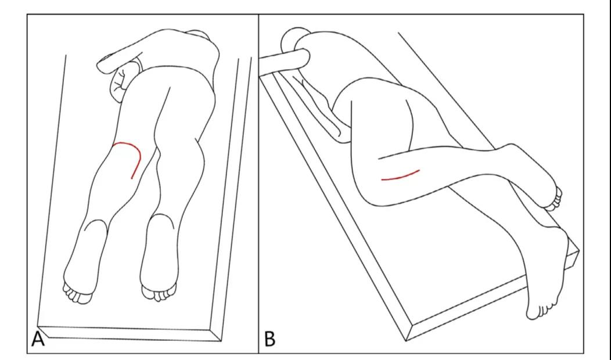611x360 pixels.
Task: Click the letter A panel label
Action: tap(38, 339)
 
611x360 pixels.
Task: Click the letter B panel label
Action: tap(269, 339)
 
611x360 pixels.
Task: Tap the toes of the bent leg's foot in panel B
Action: tap(555, 199)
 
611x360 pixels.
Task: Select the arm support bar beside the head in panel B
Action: tap(284, 60)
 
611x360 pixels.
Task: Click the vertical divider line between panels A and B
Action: tap(258, 183)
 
